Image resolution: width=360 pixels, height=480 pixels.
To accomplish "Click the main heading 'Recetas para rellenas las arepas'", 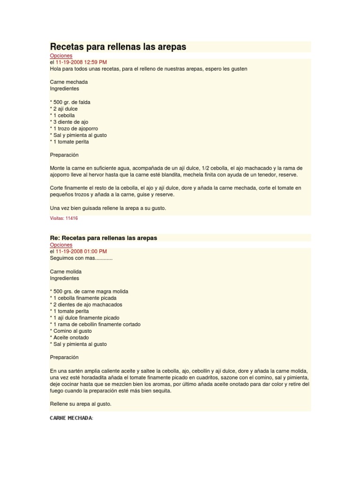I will (118, 47).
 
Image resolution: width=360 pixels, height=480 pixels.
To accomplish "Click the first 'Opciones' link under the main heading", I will (61, 56).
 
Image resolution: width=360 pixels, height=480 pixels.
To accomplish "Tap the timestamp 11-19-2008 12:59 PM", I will (81, 62).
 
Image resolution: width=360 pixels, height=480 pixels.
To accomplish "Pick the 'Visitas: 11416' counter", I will (64, 218).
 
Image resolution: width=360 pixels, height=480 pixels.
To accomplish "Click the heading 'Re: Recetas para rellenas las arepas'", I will (104, 238).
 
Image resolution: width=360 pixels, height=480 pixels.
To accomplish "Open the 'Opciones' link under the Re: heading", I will (61, 245).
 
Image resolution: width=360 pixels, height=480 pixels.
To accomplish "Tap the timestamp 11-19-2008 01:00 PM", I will (81, 252).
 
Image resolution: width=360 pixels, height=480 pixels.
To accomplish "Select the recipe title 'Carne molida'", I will (66, 271).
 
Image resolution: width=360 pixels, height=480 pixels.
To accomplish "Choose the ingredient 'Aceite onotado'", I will (71, 337).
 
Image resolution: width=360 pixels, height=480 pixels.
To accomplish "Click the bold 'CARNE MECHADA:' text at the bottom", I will (72, 418).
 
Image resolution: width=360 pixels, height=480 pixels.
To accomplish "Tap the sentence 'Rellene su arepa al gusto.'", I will (81, 404).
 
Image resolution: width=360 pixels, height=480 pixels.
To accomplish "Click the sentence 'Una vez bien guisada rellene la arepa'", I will (108, 208).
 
